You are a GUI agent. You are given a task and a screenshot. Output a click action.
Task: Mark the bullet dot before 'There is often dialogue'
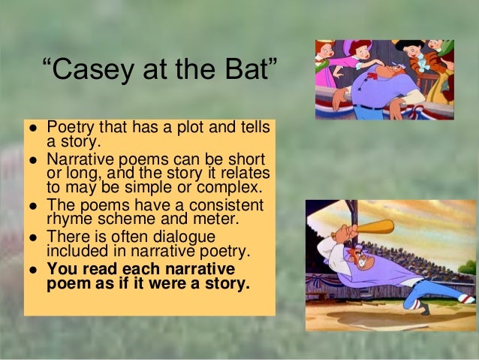click(x=33, y=237)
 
